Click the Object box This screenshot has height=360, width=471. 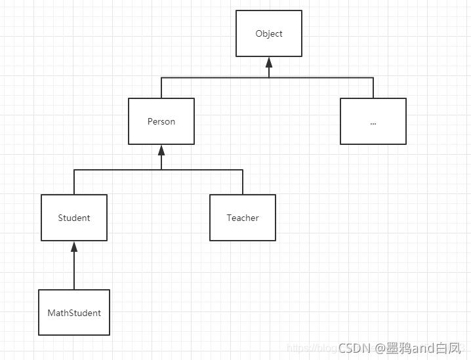pos(269,33)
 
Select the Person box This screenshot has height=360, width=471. pos(161,121)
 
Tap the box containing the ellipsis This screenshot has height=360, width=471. pos(373,121)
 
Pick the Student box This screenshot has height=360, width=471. pos(74,218)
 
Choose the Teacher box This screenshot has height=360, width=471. pos(243,218)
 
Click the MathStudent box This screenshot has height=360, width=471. pos(74,313)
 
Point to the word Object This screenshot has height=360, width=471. pos(269,33)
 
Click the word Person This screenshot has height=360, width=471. pos(161,121)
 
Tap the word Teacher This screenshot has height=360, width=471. pos(243,218)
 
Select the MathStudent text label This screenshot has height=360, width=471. pos(74,313)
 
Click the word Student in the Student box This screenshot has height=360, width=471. pos(74,218)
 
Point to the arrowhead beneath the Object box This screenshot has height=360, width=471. pos(269,63)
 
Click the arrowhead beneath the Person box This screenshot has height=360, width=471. pos(161,151)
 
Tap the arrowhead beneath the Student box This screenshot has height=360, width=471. pos(74,247)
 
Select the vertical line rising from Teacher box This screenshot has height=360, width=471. pos(243,182)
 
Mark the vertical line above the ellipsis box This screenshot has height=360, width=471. pos(373,88)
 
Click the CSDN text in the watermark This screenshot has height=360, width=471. pos(355,346)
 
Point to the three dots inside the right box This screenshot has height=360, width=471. pos(373,123)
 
